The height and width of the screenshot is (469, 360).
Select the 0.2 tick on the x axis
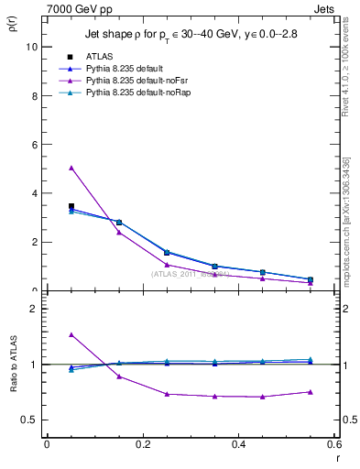142,444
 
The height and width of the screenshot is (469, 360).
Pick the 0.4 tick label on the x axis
238,444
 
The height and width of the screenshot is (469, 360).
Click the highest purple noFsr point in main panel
71,168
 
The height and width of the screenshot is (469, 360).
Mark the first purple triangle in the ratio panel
71,335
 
